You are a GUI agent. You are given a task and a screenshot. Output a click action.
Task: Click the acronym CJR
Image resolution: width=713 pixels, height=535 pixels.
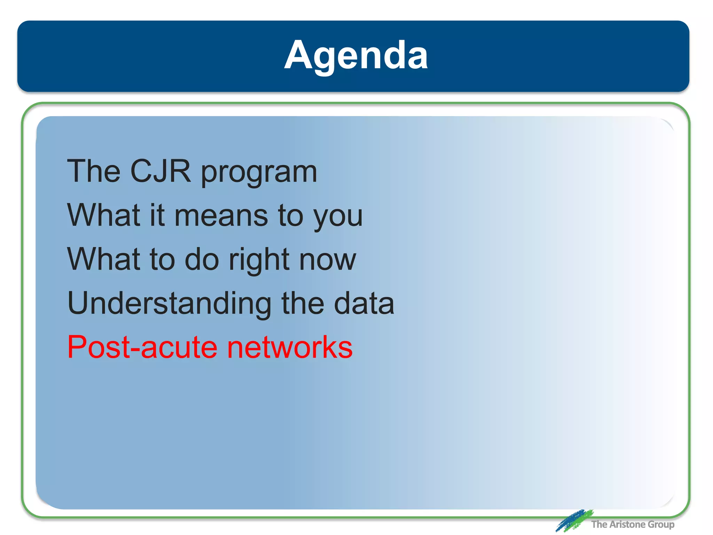(x=160, y=171)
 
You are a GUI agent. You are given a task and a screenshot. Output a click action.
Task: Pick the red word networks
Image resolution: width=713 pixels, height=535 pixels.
(x=290, y=347)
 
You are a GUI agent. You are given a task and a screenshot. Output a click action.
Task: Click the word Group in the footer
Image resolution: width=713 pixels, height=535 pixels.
(x=661, y=525)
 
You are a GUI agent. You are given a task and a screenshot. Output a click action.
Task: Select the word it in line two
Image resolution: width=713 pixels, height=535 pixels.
(x=157, y=216)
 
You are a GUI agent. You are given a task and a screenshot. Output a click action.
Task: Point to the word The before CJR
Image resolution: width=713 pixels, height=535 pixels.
(x=94, y=171)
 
